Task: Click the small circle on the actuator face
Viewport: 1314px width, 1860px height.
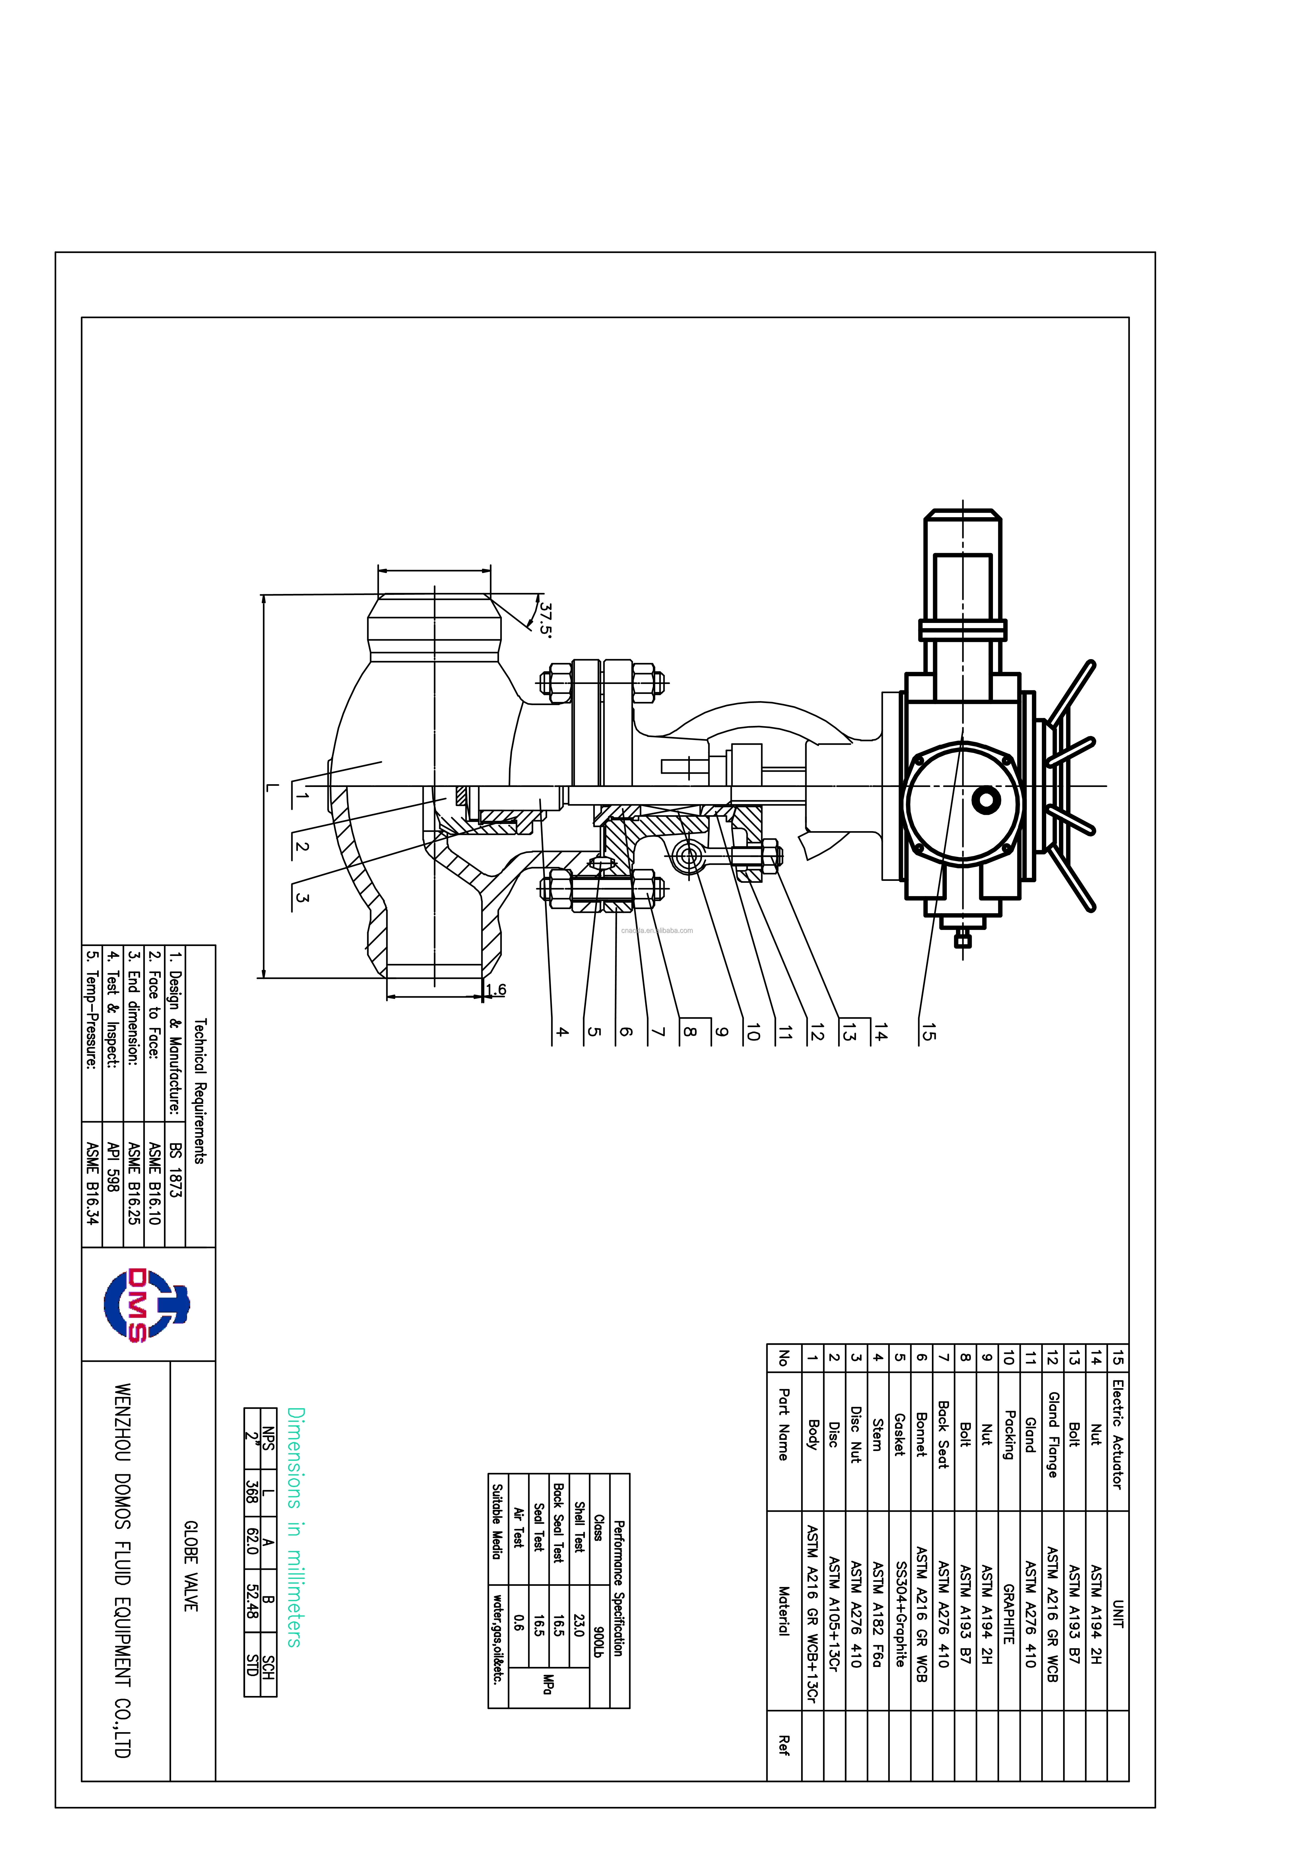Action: [x=985, y=800]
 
